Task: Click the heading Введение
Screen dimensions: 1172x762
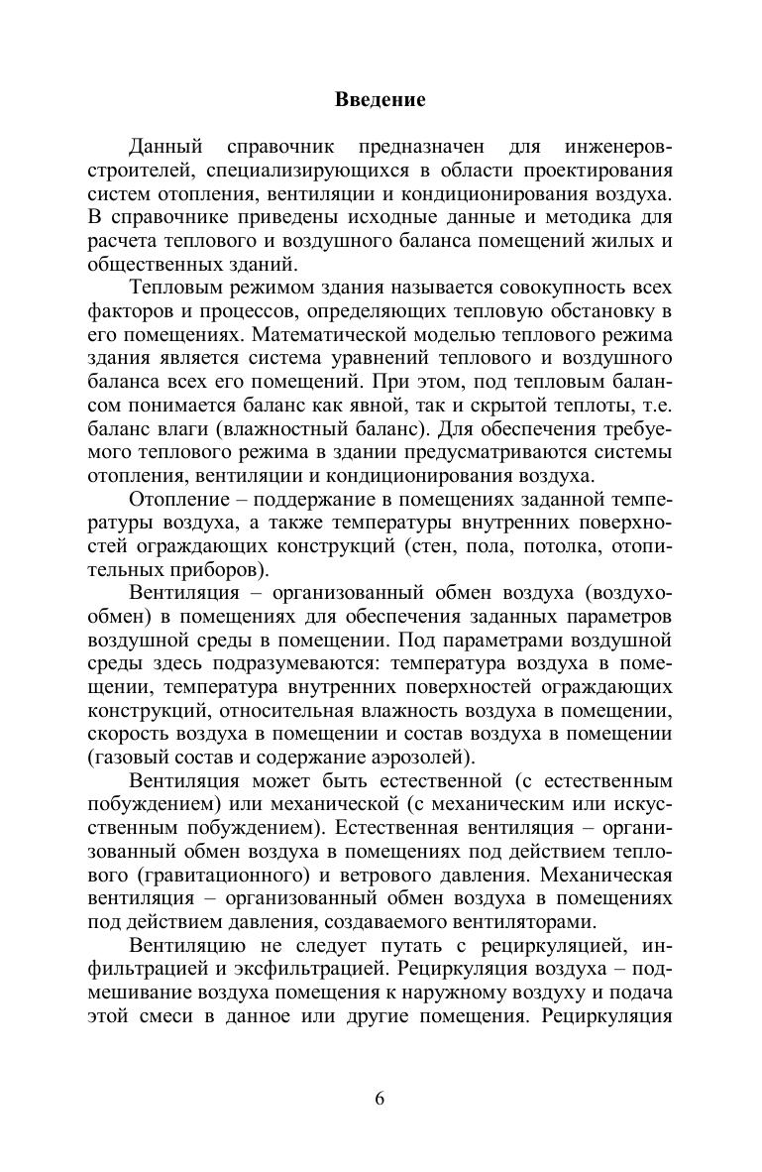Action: (x=381, y=99)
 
